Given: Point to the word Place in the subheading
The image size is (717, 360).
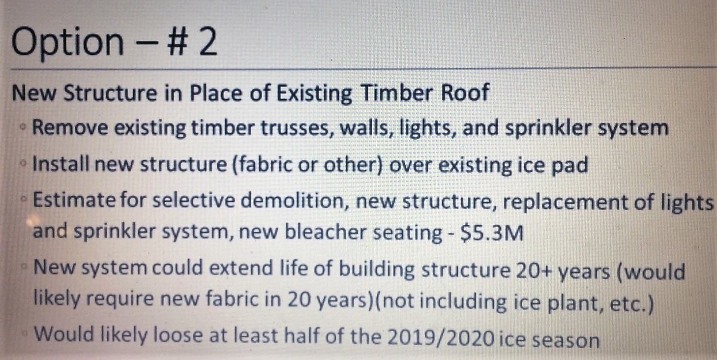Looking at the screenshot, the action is (x=216, y=93).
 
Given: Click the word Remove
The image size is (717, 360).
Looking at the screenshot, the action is (x=70, y=127).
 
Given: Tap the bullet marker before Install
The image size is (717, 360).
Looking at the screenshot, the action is (x=23, y=163).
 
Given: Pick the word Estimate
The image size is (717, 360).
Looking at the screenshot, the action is (x=74, y=200).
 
